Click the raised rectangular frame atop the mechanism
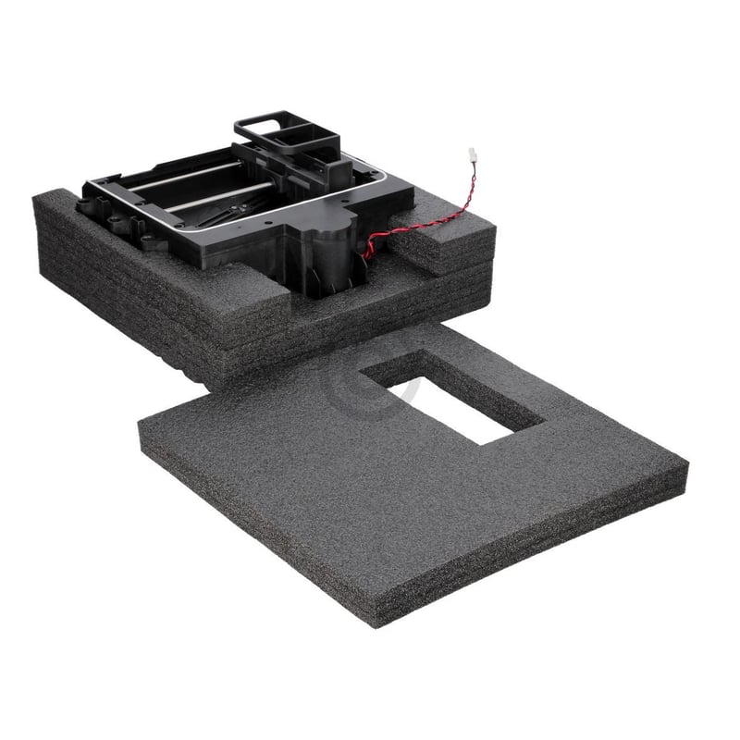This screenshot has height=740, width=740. [277, 129]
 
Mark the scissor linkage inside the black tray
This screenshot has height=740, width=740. [227, 213]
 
